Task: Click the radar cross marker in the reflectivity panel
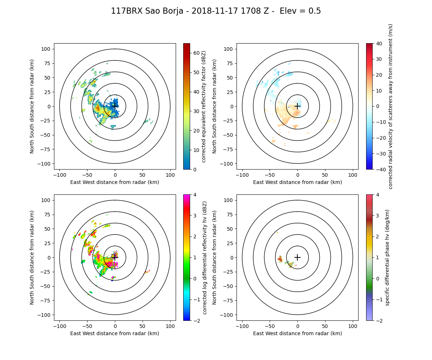coord(115,106)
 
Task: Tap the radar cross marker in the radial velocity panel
coord(297,106)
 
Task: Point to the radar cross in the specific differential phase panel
coord(297,257)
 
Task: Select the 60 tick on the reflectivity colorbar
coord(193,53)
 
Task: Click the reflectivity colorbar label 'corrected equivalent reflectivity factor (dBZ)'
coord(203,106)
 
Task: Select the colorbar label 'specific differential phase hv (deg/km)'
coord(387,257)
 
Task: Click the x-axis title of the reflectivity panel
coord(115,182)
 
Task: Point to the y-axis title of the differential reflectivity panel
coord(32,257)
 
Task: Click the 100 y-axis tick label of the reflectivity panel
coord(47,49)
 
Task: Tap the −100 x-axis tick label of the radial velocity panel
coord(242,175)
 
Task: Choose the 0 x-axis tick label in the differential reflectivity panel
coord(115,326)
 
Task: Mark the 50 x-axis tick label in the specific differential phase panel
coord(325,326)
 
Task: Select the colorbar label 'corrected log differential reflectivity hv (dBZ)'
coord(204,257)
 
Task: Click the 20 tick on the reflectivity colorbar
coord(193,130)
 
